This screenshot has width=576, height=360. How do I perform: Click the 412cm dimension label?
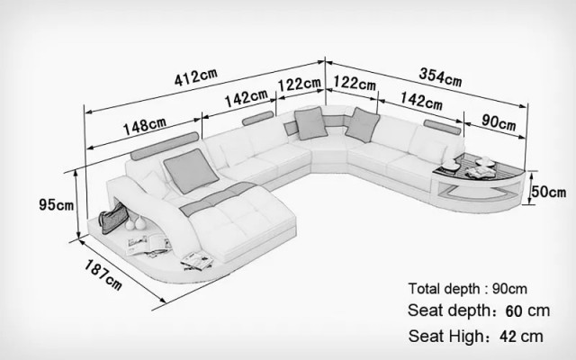tap(196, 77)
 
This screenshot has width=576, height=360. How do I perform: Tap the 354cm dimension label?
tap(440, 77)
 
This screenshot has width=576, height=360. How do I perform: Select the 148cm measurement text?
tap(144, 126)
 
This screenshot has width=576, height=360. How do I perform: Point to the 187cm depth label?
tap(103, 274)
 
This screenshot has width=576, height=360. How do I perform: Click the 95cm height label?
tap(56, 204)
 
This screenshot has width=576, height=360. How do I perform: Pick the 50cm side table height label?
tap(549, 192)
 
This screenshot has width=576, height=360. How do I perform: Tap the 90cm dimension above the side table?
tap(499, 122)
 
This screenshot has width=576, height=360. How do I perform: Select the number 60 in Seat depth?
tap(514, 311)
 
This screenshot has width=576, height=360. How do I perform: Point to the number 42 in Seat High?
tap(508, 337)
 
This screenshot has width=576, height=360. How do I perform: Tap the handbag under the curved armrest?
tap(114, 218)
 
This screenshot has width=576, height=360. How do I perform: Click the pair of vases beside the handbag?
tap(135, 223)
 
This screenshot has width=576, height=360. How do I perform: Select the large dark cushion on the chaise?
tap(191, 171)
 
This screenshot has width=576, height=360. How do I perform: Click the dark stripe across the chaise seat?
tap(218, 198)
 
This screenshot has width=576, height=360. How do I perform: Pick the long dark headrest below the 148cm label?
tap(165, 146)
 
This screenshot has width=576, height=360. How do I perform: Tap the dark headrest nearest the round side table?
tap(442, 127)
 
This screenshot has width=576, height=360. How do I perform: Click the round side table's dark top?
tap(479, 167)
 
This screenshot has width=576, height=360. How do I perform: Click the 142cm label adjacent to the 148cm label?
tap(246, 98)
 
